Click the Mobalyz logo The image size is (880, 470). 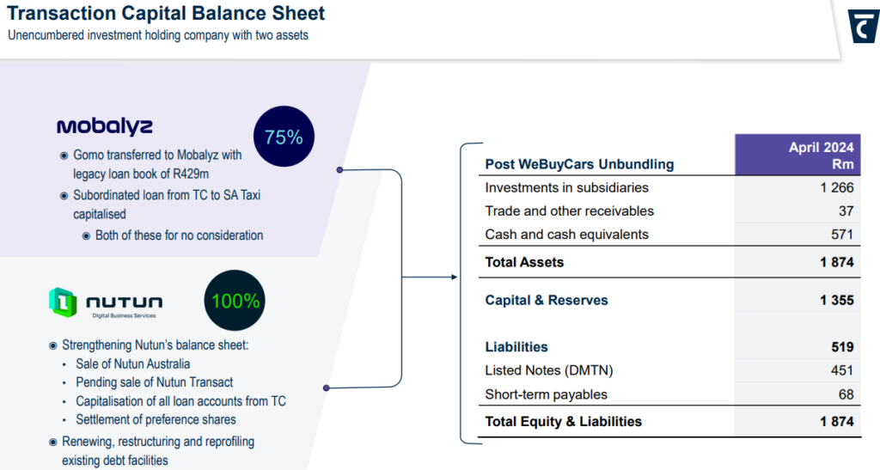click(x=105, y=126)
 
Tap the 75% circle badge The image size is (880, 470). click(x=284, y=137)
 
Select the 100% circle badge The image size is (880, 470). click(x=235, y=301)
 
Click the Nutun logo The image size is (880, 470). click(x=106, y=303)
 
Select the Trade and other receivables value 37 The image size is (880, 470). click(x=846, y=211)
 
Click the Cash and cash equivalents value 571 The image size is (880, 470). click(x=841, y=235)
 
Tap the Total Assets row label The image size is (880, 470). click(x=524, y=262)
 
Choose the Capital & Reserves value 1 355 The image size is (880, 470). click(x=836, y=300)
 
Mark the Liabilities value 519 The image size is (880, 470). click(x=841, y=347)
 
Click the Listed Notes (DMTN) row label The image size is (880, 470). click(x=548, y=370)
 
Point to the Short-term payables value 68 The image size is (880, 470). click(x=846, y=394)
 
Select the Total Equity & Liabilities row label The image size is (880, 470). click(x=563, y=421)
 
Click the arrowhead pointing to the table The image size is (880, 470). click(x=453, y=277)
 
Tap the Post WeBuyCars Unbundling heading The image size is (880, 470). click(x=579, y=164)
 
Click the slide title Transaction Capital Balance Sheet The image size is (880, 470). click(x=167, y=14)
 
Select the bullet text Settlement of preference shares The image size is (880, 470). click(x=156, y=419)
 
